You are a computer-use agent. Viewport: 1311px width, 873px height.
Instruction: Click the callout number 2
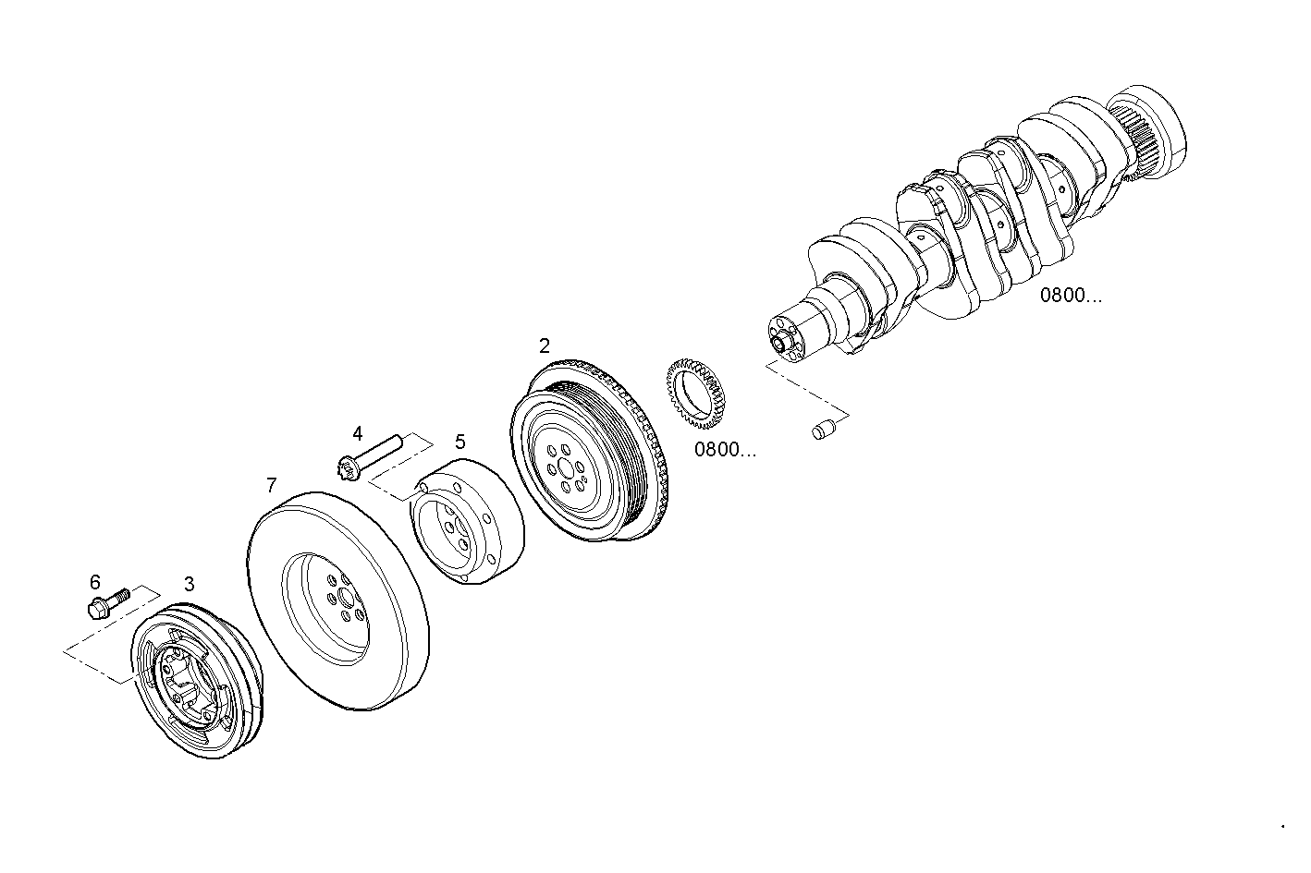coord(545,346)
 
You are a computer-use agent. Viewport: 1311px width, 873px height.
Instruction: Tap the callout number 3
coord(190,584)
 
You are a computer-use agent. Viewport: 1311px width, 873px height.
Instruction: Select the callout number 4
coord(358,433)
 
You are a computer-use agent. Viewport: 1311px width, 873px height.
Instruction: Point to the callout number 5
coord(460,443)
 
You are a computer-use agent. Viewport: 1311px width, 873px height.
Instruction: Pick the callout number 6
coord(95,582)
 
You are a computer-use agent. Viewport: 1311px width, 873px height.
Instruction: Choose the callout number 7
coord(271,485)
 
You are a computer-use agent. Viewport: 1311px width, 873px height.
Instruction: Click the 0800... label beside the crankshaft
coord(1071,296)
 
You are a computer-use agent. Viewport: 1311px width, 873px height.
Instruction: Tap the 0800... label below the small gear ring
coord(725,450)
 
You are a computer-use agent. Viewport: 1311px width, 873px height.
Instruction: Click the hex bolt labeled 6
coord(103,605)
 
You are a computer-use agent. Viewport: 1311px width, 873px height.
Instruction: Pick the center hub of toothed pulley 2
coord(566,470)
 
